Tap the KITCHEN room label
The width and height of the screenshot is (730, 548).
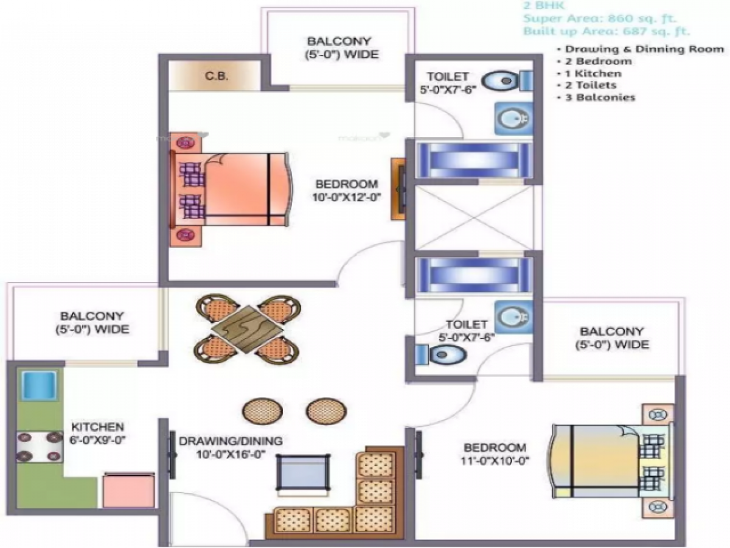(98, 427)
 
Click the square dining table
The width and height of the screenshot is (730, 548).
(247, 328)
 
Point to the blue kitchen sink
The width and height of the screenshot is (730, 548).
(39, 385)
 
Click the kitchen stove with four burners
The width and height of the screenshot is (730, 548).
(40, 448)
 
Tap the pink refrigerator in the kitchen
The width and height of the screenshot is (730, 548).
(128, 491)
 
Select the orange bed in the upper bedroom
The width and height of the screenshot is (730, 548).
(237, 189)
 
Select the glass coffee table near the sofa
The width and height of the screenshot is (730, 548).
(303, 471)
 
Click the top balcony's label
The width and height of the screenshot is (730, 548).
(342, 47)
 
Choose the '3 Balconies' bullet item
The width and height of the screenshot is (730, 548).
(600, 97)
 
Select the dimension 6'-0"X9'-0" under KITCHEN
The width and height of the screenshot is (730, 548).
(98, 440)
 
